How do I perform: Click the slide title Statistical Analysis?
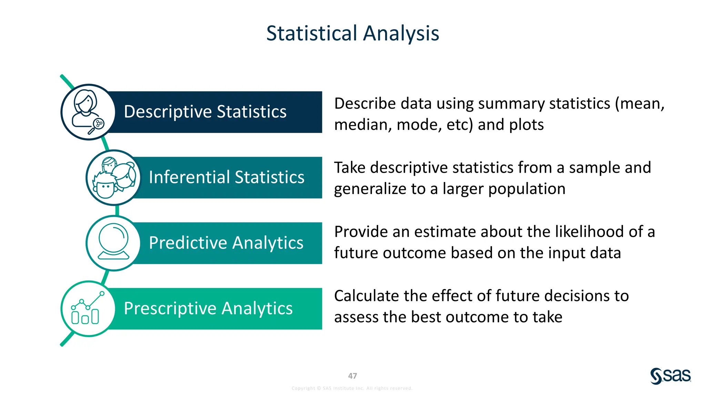tap(353, 33)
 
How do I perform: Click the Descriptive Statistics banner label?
tap(205, 112)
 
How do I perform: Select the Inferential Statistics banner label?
tap(226, 177)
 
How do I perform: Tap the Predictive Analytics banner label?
tap(226, 243)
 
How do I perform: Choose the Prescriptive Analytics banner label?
tap(208, 308)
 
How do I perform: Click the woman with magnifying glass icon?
tap(88, 112)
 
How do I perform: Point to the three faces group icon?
tap(113, 177)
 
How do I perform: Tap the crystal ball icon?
tap(113, 242)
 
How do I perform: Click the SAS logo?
tap(670, 376)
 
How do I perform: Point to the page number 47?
tap(352, 376)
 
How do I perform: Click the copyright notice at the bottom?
tap(352, 388)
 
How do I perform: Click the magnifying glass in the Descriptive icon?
tap(97, 126)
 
